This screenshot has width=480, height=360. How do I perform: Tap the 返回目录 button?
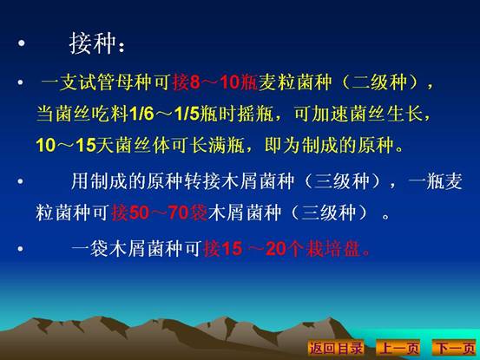(x=336, y=348)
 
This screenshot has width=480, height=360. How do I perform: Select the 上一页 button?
(x=398, y=348)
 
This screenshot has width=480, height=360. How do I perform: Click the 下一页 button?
(x=454, y=348)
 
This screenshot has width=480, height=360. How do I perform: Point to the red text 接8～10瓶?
(x=215, y=82)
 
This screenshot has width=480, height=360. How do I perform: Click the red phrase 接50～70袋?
(x=160, y=213)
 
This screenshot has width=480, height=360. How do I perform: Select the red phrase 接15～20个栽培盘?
(x=286, y=248)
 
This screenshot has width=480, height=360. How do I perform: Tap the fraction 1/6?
(x=141, y=114)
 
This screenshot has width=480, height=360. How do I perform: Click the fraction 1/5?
(x=187, y=114)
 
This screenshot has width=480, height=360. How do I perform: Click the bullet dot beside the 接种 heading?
(x=21, y=43)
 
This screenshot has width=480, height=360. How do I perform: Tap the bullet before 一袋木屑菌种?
(x=20, y=248)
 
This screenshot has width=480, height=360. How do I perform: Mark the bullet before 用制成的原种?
(x=20, y=181)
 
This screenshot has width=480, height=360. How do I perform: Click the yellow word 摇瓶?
(x=255, y=114)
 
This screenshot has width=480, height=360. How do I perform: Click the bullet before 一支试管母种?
(x=20, y=82)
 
